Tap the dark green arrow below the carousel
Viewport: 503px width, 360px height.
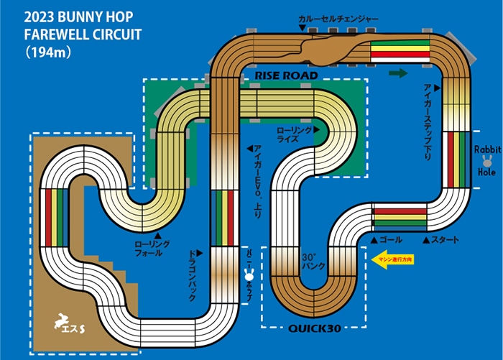[397, 73]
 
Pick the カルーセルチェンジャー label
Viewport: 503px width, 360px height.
[338, 19]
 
